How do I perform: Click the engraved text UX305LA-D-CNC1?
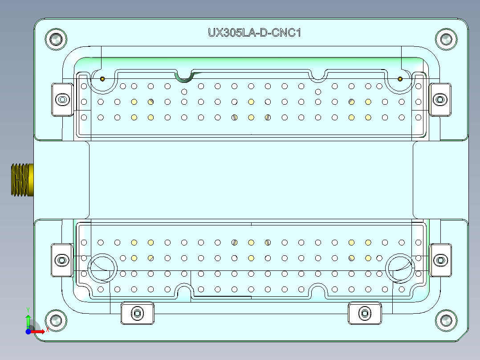(254, 33)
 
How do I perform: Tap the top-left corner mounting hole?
(56, 39)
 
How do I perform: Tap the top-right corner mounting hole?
(446, 39)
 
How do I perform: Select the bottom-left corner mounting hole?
(56, 320)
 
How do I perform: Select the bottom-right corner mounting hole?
(446, 320)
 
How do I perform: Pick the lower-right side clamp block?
(440, 260)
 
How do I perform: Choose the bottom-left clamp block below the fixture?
(138, 313)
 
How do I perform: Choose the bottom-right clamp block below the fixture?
(365, 313)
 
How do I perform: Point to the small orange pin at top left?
(102, 79)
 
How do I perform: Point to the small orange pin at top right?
(400, 79)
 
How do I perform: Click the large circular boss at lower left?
(103, 268)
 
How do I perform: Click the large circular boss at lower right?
(400, 268)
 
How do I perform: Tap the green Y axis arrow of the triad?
(28, 319)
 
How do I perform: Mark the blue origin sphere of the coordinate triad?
(28, 331)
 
